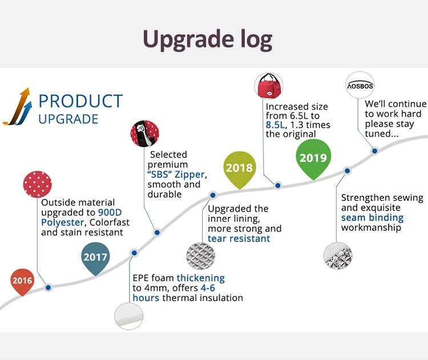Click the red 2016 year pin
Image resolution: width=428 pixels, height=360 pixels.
click(x=22, y=280)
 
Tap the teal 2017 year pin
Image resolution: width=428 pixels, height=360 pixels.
click(x=95, y=256)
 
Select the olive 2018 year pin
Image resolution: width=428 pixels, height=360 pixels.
click(x=239, y=167)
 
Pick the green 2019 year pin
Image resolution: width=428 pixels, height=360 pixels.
click(x=313, y=158)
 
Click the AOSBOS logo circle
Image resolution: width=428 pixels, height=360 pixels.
click(x=361, y=86)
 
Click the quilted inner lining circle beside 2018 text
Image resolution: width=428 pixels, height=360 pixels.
click(x=201, y=257)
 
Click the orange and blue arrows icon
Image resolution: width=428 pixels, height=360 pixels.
click(x=17, y=106)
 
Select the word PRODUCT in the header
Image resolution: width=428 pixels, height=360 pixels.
click(x=80, y=101)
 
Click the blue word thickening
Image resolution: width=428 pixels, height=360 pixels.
click(x=200, y=278)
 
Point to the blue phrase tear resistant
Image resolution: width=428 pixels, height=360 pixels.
click(x=239, y=238)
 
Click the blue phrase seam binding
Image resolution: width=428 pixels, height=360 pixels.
click(x=372, y=217)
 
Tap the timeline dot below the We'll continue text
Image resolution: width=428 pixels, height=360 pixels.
click(x=375, y=151)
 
